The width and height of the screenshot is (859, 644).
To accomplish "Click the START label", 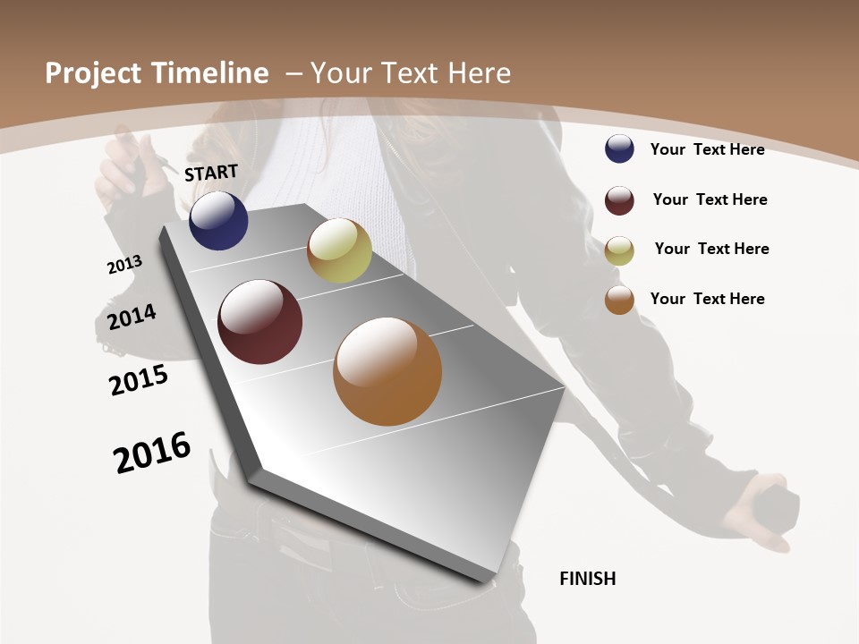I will tap(211, 173).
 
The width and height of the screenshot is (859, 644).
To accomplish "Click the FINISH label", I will tap(588, 579).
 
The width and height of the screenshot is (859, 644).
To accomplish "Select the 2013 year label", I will tap(124, 265).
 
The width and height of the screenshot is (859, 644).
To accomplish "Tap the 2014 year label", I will tap(132, 318).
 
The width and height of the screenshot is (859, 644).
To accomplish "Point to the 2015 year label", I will tap(139, 380).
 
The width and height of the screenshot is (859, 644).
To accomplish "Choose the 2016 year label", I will tap(152, 453).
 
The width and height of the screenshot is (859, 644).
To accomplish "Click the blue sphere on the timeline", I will tap(218, 221).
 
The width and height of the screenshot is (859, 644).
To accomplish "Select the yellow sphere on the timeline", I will tap(339, 251).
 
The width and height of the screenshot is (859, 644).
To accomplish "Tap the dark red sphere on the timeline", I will tap(260, 322).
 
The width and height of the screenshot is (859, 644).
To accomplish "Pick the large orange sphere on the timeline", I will tap(387, 371).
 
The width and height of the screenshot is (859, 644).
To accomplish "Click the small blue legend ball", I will tap(619, 148).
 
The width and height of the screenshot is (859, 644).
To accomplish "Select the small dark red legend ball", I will tap(619, 200).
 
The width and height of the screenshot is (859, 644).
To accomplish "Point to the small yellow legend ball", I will tap(619, 250).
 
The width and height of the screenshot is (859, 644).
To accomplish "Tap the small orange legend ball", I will tap(619, 300).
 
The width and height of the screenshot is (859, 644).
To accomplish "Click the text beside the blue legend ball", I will tap(707, 149).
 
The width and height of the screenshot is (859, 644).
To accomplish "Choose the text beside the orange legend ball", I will tap(707, 299).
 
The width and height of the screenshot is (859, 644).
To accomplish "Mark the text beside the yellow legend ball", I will tap(711, 249).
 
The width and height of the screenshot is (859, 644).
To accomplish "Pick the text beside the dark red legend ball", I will tap(710, 199).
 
